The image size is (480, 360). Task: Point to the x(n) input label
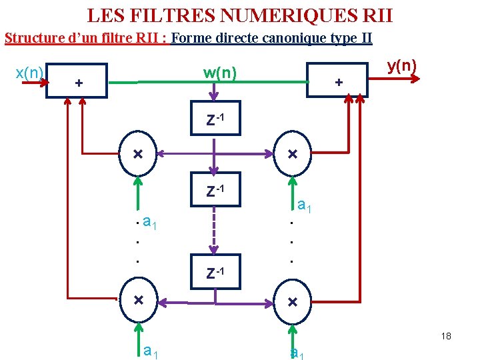pos(29,72)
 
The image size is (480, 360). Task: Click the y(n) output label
pos(401,66)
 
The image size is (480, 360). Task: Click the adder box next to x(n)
pos(76,81)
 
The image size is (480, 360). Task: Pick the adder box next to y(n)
pos(337,81)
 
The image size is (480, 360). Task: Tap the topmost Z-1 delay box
pos(215,119)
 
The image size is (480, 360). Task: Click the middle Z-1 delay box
pos(215,190)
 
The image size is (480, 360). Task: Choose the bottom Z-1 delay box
pos(215,272)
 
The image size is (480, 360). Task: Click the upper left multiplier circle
pos(137,154)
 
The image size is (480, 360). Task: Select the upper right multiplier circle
pos(292,154)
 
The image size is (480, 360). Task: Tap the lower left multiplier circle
pos(137,301)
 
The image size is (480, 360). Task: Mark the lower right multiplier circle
pos(292,301)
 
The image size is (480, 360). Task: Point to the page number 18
pos(446,336)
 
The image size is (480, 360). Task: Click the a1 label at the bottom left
pos(150,350)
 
